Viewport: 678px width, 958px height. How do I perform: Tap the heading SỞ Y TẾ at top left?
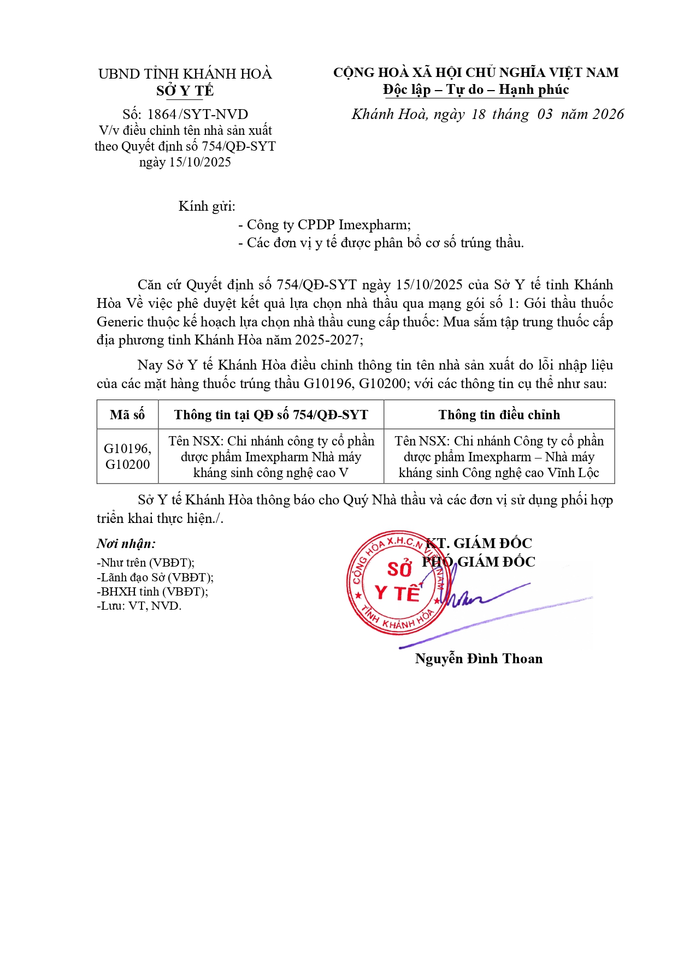185,91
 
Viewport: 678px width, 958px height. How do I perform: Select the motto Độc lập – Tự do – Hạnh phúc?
476,90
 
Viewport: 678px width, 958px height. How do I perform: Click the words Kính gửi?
207,206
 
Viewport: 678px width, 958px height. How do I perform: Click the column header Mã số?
127,415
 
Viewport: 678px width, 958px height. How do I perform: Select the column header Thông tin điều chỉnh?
499,415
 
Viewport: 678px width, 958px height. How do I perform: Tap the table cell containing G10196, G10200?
127,456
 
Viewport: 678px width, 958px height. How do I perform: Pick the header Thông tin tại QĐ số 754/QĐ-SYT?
271,415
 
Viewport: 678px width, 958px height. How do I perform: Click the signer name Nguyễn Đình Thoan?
479,659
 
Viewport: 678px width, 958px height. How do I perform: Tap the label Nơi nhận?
126,544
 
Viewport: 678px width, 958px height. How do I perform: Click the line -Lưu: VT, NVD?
139,606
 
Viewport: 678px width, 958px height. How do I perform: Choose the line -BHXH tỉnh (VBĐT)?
152,592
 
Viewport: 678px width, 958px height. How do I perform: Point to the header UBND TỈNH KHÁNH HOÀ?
185,74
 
